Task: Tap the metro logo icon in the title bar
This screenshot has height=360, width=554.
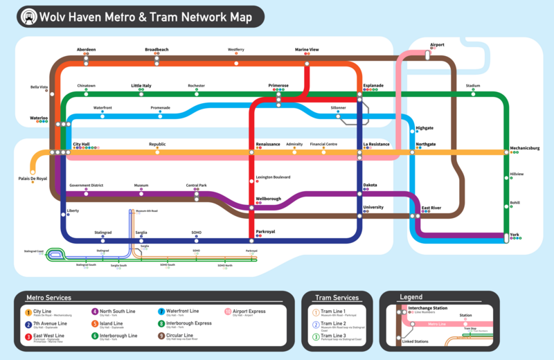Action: [28, 15]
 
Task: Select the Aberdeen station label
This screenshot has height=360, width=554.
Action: [86, 50]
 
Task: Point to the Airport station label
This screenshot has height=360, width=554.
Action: [437, 45]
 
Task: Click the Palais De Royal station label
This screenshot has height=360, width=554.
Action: [33, 179]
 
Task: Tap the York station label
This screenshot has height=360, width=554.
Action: [515, 235]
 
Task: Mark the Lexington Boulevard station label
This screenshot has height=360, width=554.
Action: [273, 177]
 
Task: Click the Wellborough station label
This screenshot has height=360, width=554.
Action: [269, 199]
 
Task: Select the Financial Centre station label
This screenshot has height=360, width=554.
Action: [323, 144]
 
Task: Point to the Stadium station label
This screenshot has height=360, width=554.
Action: [473, 86]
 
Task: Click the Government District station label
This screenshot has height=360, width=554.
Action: [86, 186]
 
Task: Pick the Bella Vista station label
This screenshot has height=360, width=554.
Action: [39, 87]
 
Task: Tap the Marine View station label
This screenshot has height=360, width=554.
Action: [307, 50]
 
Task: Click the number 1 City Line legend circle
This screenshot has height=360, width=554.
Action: [28, 312]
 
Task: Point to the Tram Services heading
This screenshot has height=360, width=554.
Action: [337, 298]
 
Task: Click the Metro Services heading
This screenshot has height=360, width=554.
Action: [48, 298]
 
